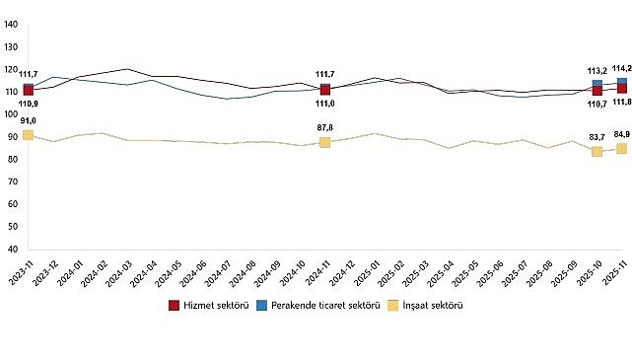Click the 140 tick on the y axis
point(11,24)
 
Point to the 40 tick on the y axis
point(13,251)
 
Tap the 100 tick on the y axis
point(11,114)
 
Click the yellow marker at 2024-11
point(324,142)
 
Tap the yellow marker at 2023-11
point(28,135)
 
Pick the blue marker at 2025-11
point(622,83)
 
